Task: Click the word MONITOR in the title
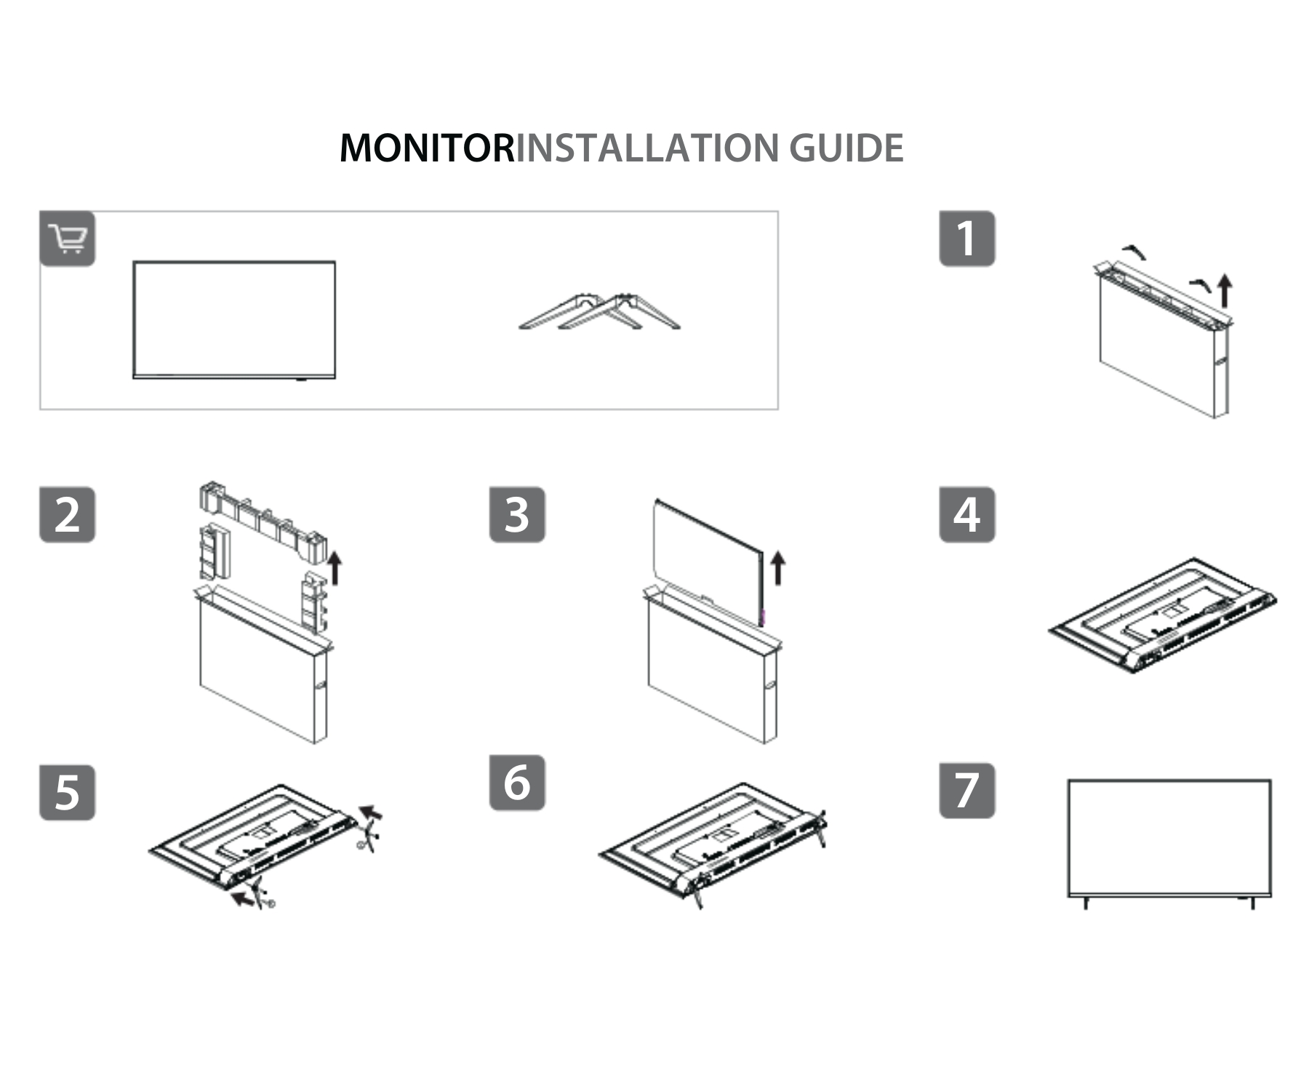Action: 427,148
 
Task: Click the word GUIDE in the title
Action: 846,148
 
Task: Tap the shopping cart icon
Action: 68,239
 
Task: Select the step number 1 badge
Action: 966,239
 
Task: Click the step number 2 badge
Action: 68,515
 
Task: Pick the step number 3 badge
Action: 517,515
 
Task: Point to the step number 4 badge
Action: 966,515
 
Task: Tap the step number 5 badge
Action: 68,792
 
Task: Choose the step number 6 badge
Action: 517,783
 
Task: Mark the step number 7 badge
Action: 966,791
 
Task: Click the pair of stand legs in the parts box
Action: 599,313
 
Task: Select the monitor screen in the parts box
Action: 234,319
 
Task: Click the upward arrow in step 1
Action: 1225,289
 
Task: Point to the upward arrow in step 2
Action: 335,567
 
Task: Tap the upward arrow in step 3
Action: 777,567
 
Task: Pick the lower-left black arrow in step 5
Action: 242,900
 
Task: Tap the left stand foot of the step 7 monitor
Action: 1086,903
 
